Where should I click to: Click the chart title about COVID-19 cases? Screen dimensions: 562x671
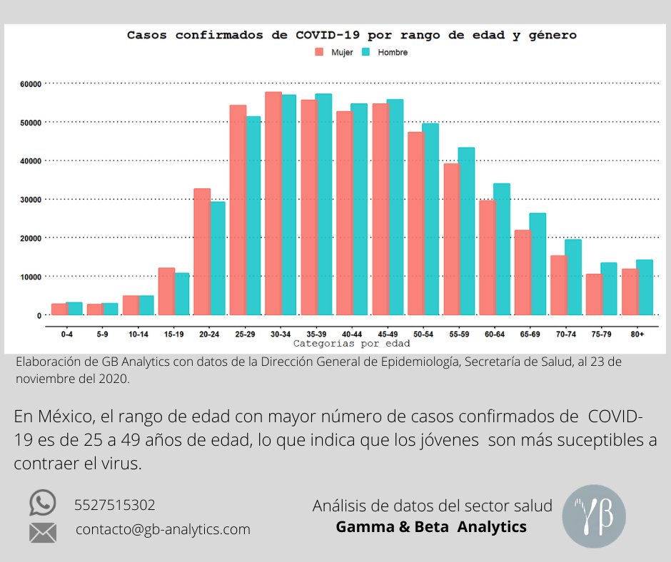click(351, 34)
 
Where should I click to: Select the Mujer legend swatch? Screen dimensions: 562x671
click(318, 52)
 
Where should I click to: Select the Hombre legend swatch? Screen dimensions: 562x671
click(366, 52)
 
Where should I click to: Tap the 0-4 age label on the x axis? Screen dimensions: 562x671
click(67, 334)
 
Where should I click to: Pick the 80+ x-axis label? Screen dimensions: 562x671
click(637, 334)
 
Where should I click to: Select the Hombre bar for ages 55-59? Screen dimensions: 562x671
click(466, 231)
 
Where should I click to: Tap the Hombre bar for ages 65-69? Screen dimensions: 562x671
click(538, 264)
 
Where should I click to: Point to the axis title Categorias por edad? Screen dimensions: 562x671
click(351, 343)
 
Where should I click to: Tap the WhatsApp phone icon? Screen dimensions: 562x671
click(42, 503)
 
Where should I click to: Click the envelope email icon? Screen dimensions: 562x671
click(42, 531)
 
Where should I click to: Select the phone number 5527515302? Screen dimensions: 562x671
click(115, 505)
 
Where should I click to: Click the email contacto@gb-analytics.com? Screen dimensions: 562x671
click(163, 529)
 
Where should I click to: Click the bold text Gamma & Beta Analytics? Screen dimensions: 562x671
click(431, 527)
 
